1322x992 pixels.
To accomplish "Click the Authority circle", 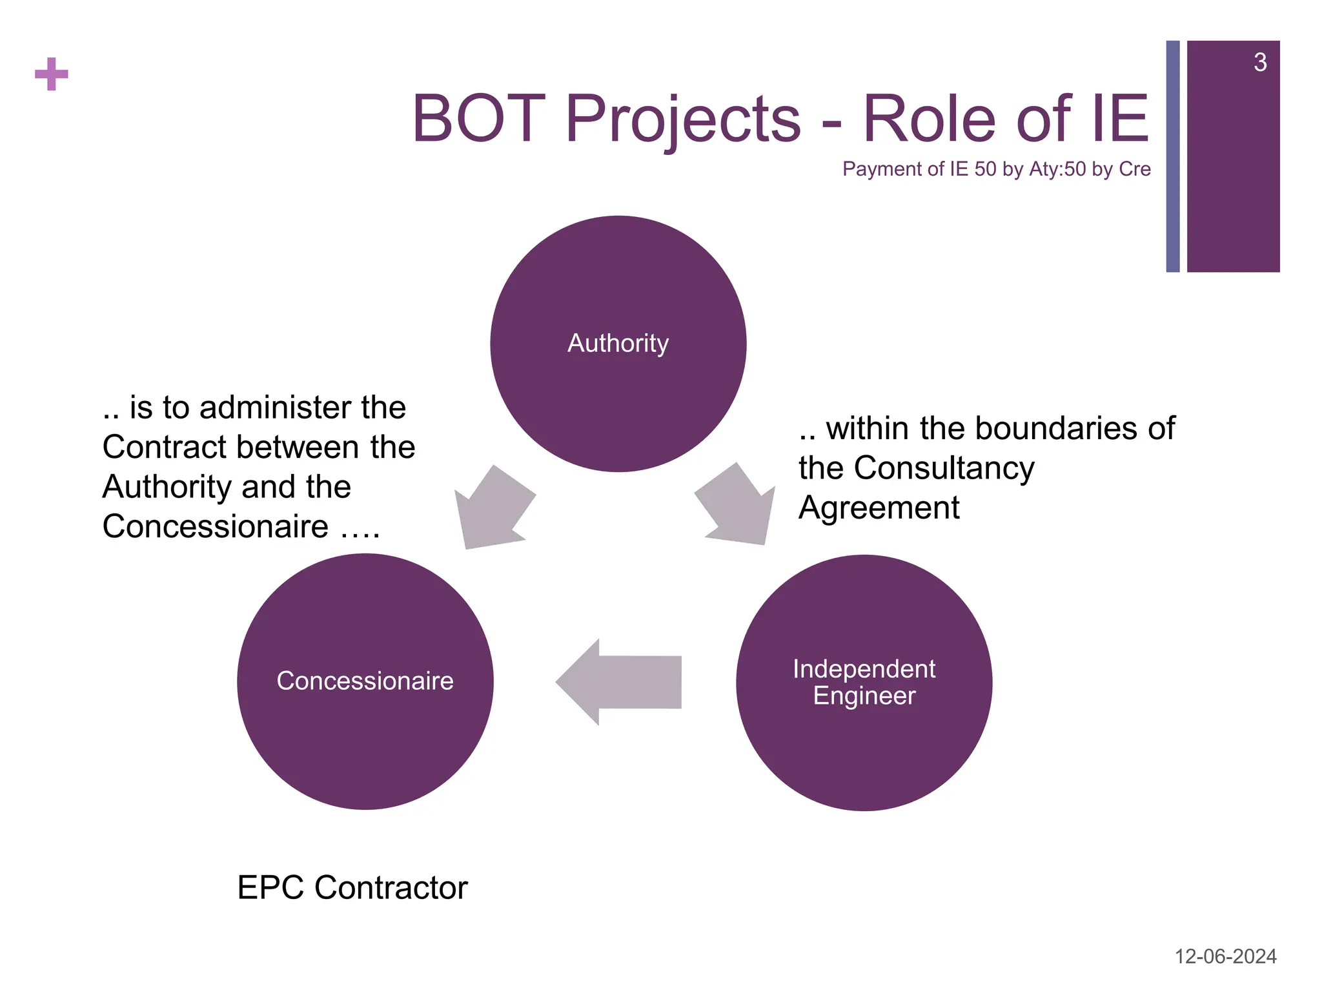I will point(618,344).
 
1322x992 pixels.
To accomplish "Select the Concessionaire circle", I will point(365,681).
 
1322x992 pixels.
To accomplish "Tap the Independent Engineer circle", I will point(864,683).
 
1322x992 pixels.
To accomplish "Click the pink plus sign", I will point(52,74).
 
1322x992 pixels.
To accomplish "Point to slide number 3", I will point(1259,63).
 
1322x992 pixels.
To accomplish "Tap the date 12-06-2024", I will point(1225,956).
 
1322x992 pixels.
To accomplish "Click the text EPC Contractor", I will point(352,887).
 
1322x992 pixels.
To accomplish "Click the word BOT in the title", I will point(479,119).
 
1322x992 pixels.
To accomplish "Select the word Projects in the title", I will point(683,120).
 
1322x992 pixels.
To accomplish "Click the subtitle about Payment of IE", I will point(996,169).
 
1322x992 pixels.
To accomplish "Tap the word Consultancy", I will point(944,468).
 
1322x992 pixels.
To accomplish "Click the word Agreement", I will point(879,508).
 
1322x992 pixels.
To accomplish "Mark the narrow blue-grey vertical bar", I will point(1173,156).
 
